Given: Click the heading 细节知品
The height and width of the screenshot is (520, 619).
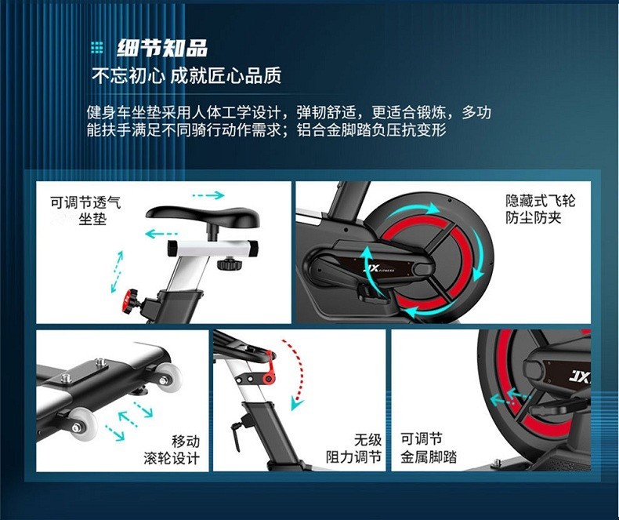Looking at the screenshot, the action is (162, 48).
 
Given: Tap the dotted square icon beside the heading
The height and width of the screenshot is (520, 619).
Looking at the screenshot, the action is (96, 48).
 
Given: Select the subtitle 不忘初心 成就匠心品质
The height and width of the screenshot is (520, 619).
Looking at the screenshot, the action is (186, 75).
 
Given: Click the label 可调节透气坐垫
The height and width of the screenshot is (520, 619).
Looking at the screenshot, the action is (85, 210).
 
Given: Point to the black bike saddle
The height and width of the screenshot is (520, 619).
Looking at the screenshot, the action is (202, 217).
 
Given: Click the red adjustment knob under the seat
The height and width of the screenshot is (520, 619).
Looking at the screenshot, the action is (130, 301).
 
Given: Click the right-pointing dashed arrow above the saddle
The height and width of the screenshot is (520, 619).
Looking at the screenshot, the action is (208, 195).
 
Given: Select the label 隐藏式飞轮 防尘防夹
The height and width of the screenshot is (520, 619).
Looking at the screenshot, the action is (540, 209).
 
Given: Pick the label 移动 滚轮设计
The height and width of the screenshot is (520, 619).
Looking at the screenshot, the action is (172, 449).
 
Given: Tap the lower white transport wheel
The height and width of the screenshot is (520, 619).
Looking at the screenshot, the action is (82, 424).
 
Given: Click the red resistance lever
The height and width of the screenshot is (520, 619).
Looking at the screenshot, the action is (270, 369).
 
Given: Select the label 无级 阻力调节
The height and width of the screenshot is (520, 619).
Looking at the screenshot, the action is (353, 449).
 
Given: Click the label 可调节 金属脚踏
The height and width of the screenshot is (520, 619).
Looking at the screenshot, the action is (429, 448).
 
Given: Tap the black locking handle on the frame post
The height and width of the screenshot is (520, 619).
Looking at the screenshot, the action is (236, 435).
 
